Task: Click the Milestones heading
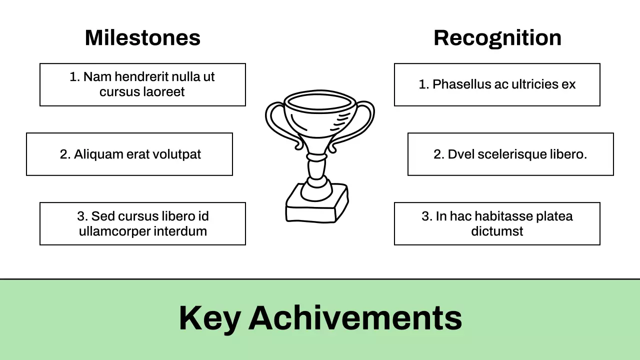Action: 142,38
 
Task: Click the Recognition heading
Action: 497,38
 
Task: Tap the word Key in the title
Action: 209,318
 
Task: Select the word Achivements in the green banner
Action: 355,318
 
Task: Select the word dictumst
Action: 497,231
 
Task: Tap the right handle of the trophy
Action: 364,122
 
